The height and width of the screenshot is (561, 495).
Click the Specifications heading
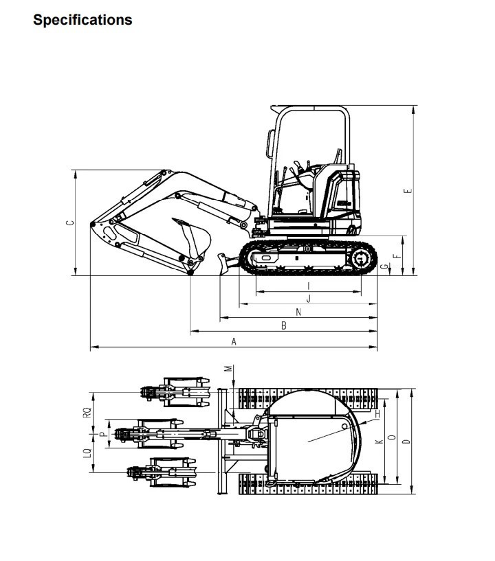coord(82,21)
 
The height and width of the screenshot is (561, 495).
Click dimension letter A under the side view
coord(234,341)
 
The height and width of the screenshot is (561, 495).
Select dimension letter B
coord(284,325)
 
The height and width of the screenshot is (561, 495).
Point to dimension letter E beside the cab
coord(408,191)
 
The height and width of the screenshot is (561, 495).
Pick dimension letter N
coord(298,312)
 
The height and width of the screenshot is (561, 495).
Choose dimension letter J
coord(309,299)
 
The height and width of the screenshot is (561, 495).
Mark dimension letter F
coord(396,256)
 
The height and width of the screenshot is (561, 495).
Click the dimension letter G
coord(384,266)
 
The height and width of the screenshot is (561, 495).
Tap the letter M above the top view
coord(228,369)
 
